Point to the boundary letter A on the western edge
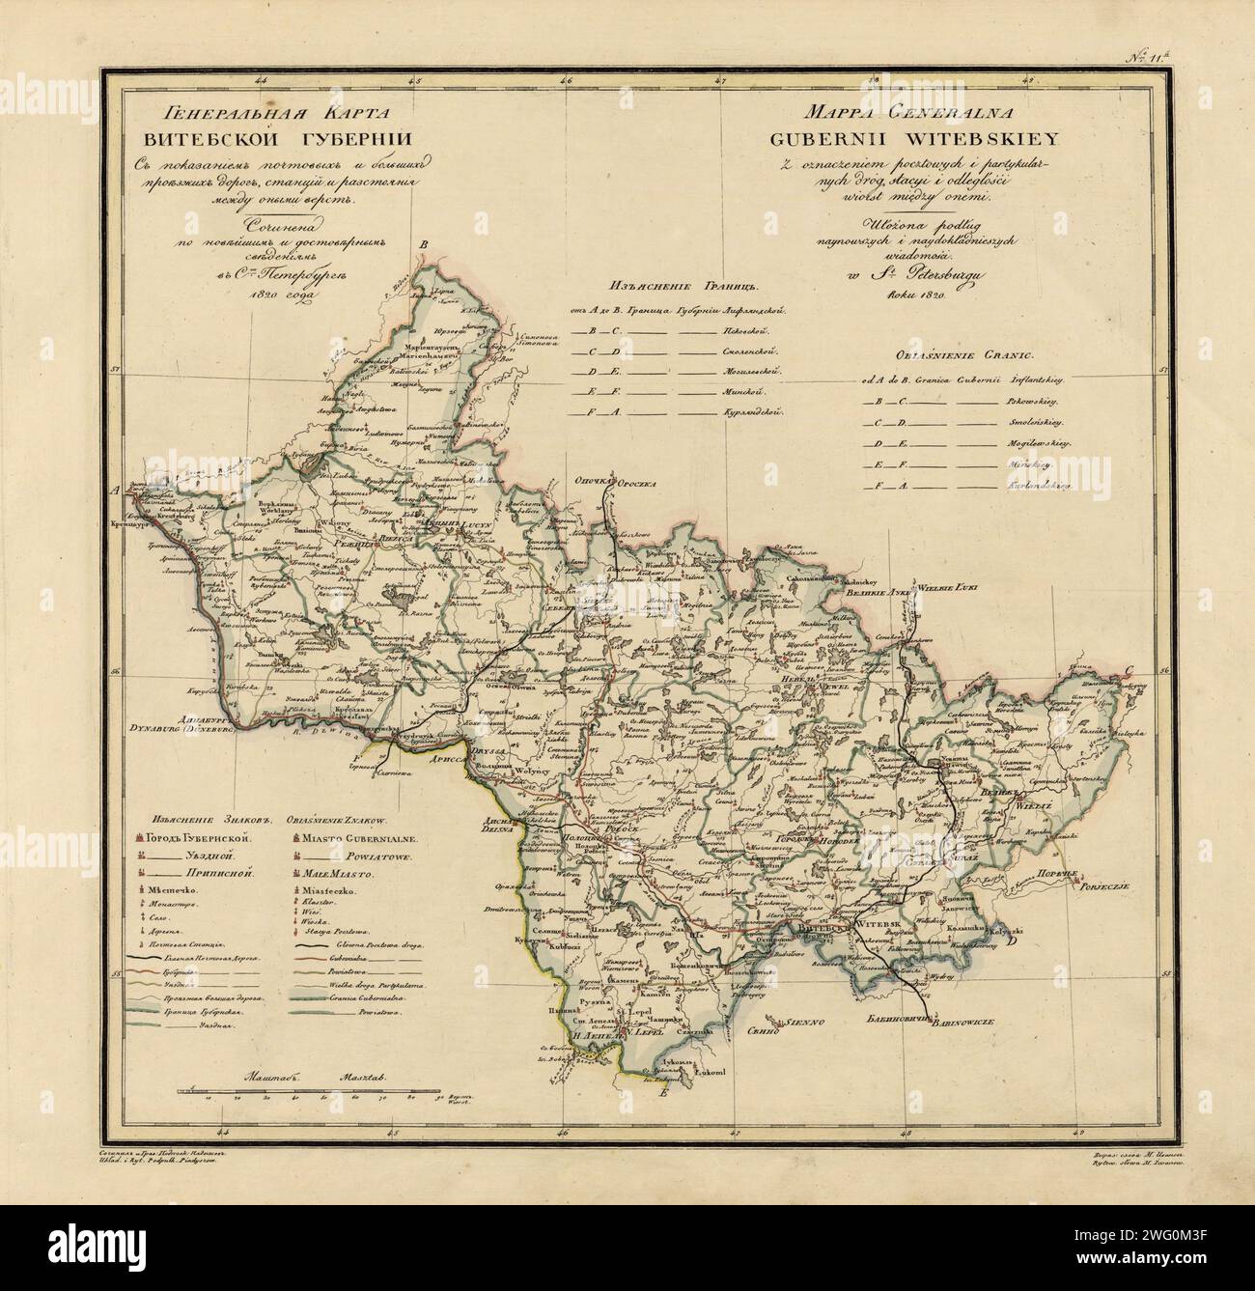117,491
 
